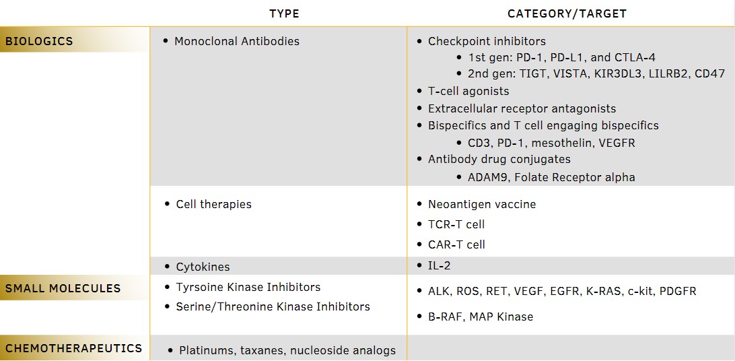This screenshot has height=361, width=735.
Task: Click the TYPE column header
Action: click(x=284, y=13)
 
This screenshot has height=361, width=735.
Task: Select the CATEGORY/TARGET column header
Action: click(x=567, y=13)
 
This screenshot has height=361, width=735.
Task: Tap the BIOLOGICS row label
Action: click(x=39, y=41)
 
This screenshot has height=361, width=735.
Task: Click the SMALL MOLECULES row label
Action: click(x=63, y=288)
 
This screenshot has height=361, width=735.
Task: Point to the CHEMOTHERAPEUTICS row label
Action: click(x=73, y=348)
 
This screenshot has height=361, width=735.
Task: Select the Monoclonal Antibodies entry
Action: click(x=236, y=41)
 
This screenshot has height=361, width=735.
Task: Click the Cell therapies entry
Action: click(x=213, y=204)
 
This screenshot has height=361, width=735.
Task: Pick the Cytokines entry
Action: click(x=203, y=267)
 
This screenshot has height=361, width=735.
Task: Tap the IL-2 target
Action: click(x=439, y=266)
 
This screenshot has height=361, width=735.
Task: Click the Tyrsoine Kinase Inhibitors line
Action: click(x=248, y=287)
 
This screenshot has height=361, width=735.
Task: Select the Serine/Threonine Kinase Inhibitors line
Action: click(x=273, y=306)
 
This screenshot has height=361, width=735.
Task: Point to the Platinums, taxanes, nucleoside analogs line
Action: click(x=287, y=350)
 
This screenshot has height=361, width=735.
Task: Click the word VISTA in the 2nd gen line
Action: click(x=571, y=74)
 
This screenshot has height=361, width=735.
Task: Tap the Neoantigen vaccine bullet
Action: click(x=481, y=204)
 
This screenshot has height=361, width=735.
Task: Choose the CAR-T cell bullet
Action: click(x=456, y=244)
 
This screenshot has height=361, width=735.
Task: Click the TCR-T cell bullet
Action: click(x=456, y=224)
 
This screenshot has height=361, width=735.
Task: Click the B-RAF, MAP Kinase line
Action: click(x=480, y=317)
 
